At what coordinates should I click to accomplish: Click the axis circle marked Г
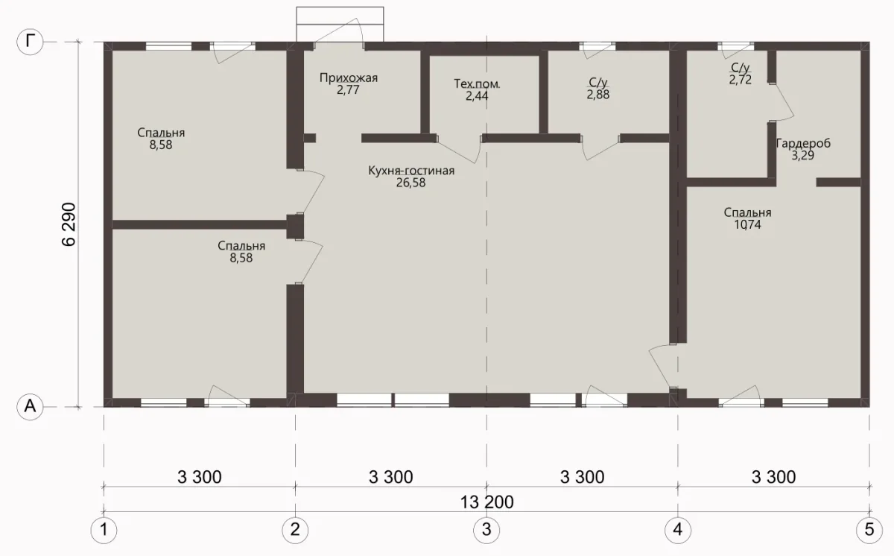[30, 42]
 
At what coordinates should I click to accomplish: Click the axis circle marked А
[30, 407]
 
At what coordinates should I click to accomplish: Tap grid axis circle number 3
[486, 530]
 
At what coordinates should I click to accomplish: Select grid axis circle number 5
[869, 530]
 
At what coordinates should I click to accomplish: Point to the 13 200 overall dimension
[487, 502]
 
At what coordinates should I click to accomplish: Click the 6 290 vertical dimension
[69, 224]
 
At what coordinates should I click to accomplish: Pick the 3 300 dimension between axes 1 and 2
[199, 477]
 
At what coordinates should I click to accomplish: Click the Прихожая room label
[349, 78]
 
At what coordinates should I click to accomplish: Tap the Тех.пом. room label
[477, 83]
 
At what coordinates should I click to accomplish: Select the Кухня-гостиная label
[411, 171]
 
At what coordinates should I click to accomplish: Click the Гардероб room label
[803, 143]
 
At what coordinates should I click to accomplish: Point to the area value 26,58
[411, 183]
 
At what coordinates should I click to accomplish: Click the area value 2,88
[597, 95]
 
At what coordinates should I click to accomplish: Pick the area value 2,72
[741, 80]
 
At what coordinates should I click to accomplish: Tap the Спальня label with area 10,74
[747, 212]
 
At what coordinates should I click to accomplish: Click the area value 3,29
[803, 155]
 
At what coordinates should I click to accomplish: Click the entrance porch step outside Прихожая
[340, 24]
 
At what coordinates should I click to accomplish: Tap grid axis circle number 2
[295, 530]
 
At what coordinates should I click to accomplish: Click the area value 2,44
[477, 96]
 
